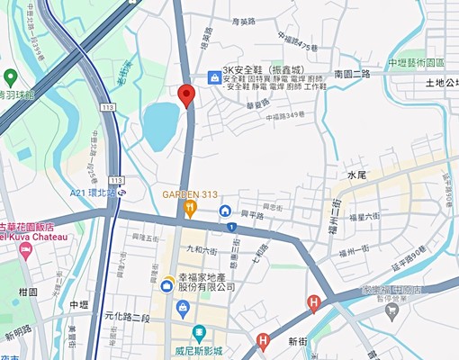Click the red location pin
pos(186,95)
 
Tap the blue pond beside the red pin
pos(160,124)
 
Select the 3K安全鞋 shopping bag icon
pos(213,77)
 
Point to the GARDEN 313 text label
pos(190,193)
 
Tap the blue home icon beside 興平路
pos(225,211)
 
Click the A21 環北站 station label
pos(94,192)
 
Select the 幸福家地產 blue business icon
pos(167,286)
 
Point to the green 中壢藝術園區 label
pos(417,63)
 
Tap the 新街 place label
pos(299,343)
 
